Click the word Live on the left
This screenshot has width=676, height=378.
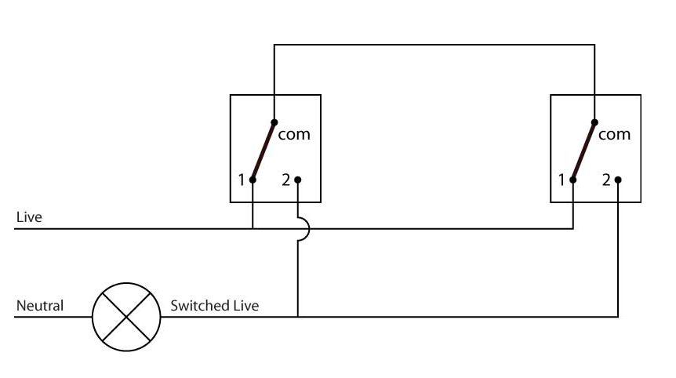(29, 216)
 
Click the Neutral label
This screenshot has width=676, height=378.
(40, 305)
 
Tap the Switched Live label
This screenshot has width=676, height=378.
(214, 305)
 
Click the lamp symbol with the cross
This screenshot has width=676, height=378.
(126, 317)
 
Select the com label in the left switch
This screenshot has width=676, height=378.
(295, 134)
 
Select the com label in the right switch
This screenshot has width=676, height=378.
(614, 134)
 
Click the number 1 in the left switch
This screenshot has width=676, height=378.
(242, 180)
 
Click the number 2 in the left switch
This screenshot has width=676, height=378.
(285, 180)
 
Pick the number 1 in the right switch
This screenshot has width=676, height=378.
(562, 180)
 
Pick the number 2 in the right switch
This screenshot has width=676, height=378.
(605, 180)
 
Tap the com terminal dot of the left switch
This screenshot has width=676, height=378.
(274, 122)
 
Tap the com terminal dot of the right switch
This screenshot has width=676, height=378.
(594, 122)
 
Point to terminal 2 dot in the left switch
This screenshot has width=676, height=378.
(297, 180)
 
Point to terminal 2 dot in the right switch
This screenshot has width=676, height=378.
(618, 180)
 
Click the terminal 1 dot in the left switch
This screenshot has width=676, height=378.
(253, 180)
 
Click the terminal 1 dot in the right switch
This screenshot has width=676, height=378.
(573, 180)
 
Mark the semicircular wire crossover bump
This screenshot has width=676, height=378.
(306, 229)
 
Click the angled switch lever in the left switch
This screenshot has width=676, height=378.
(263, 151)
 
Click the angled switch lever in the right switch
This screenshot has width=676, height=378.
(583, 151)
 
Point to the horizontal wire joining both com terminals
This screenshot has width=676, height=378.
(434, 45)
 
